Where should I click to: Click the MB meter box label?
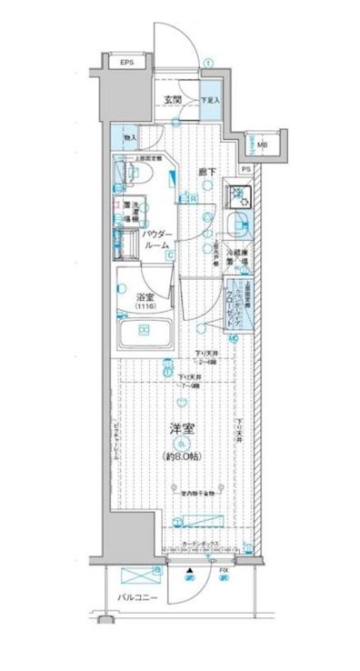[x=261, y=145]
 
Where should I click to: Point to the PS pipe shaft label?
[x=245, y=169]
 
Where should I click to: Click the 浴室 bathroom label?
[x=145, y=295]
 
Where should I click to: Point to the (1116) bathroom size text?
[x=145, y=308]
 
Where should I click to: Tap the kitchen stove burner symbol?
[x=240, y=192]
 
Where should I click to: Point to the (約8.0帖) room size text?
[x=184, y=455]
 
